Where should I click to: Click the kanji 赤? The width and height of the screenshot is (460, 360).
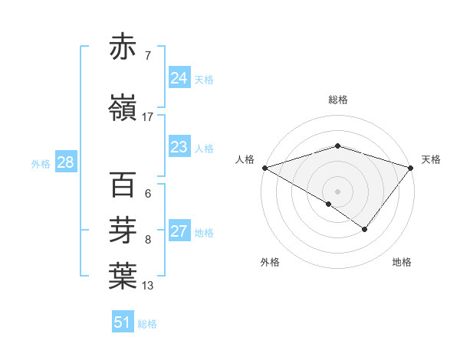tap(123, 47)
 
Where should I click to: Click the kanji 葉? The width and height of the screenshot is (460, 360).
tap(123, 277)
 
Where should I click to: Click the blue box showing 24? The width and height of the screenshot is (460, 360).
tap(179, 78)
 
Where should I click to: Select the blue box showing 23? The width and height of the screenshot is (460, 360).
tap(179, 148)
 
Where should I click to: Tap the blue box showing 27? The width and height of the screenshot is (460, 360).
tap(179, 232)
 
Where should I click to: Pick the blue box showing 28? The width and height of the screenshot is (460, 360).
tap(65, 162)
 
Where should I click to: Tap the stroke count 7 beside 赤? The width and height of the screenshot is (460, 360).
tap(147, 56)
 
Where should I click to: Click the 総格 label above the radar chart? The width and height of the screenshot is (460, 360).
tap(337, 100)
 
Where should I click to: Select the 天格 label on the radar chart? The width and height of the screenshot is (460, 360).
tap(431, 159)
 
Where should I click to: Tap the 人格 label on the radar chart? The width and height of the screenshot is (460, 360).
tap(245, 159)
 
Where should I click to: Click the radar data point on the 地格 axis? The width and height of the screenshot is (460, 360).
tap(365, 229)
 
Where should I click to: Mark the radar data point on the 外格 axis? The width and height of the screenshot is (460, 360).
tap(329, 204)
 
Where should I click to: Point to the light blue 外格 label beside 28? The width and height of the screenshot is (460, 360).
tap(41, 163)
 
